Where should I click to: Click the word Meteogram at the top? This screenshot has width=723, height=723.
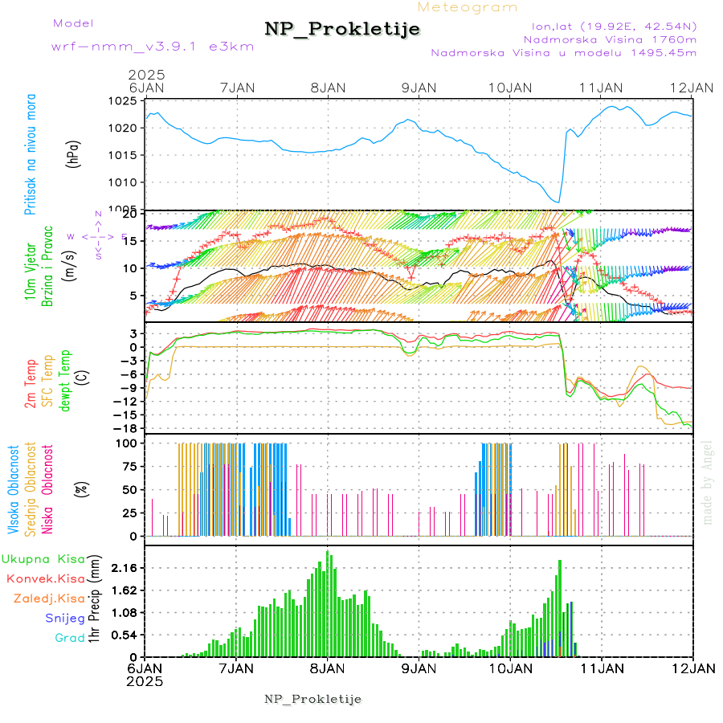pos(468,7)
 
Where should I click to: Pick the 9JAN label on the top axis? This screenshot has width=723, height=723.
pos(419,87)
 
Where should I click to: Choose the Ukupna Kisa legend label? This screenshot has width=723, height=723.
pos(43,558)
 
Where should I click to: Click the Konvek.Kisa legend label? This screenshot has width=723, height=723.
pos(45,578)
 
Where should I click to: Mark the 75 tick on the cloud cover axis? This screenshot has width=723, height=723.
pos(128,466)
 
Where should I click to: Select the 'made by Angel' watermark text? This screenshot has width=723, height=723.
pos(708,482)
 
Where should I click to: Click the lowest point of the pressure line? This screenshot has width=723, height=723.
pos(558,202)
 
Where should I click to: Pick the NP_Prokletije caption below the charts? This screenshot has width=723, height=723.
pos(312,698)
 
